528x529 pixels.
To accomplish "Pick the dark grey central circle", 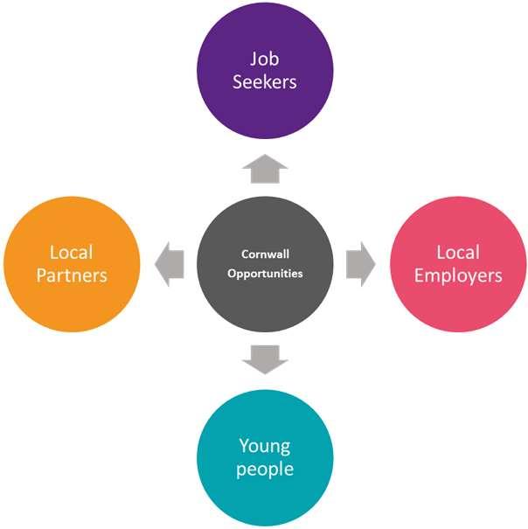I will point(265,264).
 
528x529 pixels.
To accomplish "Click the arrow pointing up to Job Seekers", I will point(264,169).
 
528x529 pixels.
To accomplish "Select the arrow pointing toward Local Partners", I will point(170,264).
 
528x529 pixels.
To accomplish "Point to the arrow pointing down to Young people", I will point(265,358).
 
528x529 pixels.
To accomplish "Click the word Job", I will point(264,60).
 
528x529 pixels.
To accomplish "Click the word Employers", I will point(458,275).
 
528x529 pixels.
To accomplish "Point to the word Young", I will point(265,447).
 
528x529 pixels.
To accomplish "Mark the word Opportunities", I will point(265,273).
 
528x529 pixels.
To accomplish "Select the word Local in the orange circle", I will point(72,253).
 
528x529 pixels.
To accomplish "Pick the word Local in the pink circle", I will point(458,253).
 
